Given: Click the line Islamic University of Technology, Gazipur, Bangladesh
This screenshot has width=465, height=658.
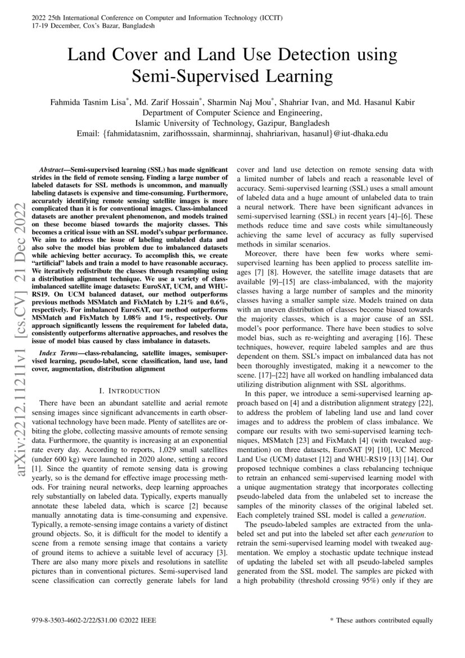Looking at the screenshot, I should click(232, 123).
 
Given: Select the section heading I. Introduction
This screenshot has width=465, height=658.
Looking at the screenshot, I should click(129, 391).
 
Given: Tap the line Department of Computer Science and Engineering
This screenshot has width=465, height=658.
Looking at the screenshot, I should click(232, 113).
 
